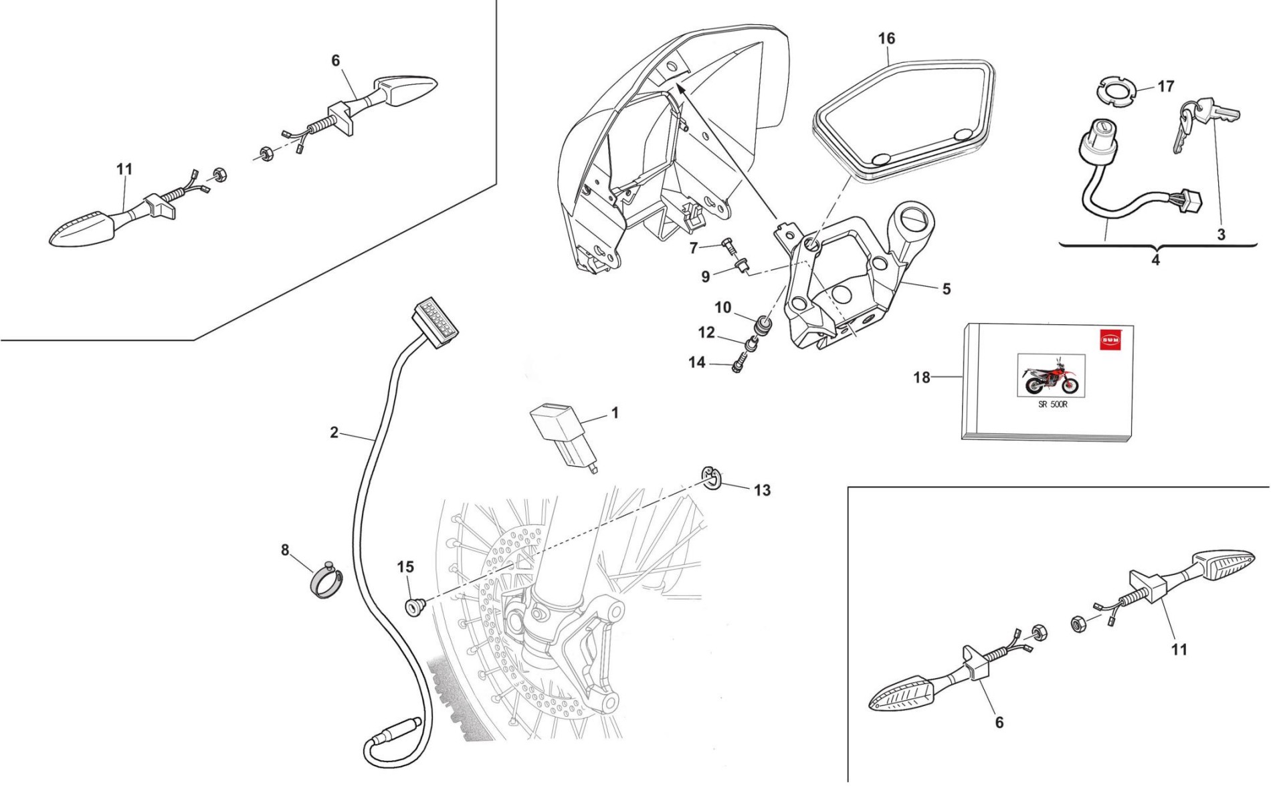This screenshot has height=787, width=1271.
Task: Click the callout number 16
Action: tap(886, 39)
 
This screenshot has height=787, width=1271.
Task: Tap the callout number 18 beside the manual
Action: tap(921, 378)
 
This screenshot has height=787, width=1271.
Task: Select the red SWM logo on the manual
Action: tap(1110, 339)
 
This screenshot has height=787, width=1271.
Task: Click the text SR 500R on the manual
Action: tap(1052, 405)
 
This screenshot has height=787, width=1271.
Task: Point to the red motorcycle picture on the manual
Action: tap(1051, 378)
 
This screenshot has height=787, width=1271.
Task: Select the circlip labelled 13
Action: tap(712, 478)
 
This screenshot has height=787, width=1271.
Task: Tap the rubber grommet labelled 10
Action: tap(761, 326)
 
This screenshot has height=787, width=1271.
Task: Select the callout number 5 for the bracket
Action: tap(946, 289)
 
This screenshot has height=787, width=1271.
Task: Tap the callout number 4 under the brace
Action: tap(1155, 260)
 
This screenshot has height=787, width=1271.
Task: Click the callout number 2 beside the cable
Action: tap(334, 433)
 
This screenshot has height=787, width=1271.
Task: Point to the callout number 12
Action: tap(706, 332)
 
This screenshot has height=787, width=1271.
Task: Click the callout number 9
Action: tap(705, 276)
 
